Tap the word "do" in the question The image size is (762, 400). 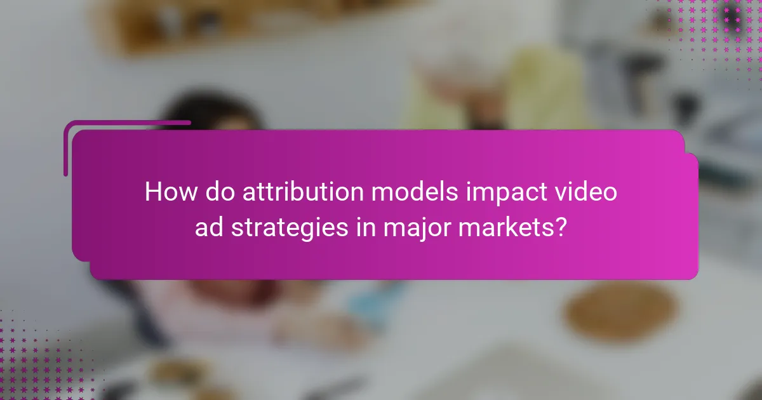coord(216,192)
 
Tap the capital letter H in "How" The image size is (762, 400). coord(153,192)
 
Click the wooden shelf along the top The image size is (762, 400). coord(190,25)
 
